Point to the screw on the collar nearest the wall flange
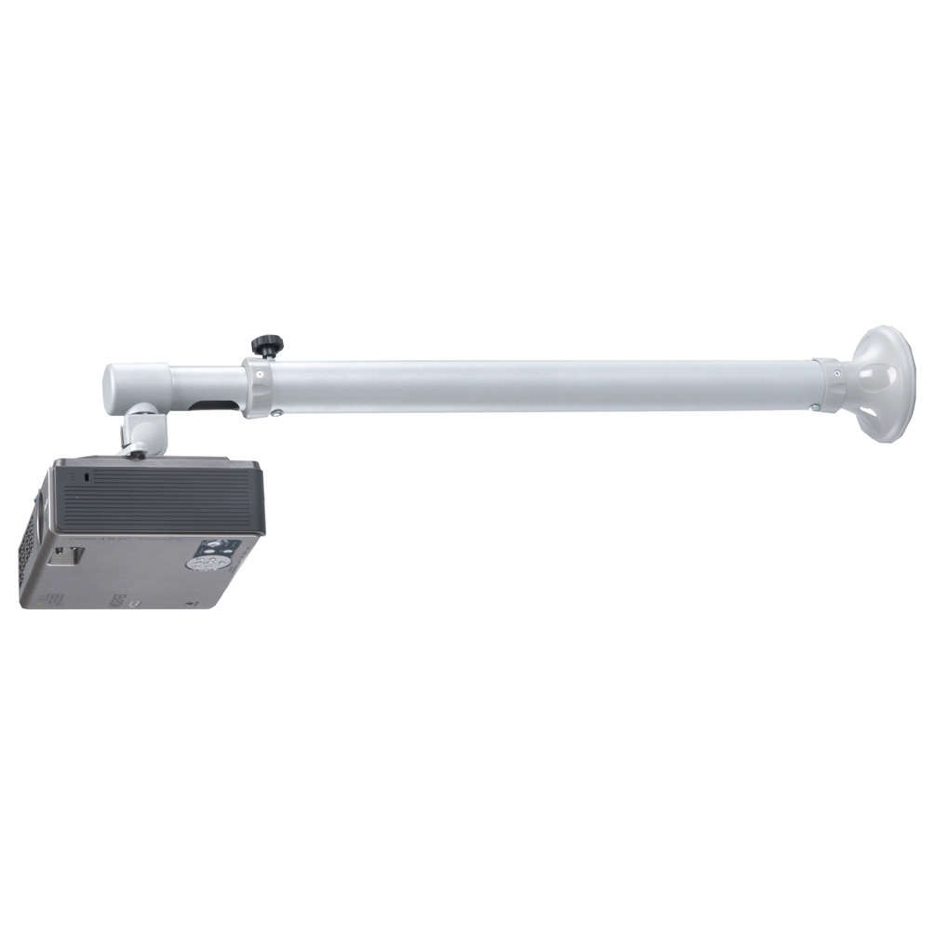[836, 373]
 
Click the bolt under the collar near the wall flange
[814, 407]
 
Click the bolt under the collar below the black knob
[276, 413]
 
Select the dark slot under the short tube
[212, 405]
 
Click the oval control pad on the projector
[213, 562]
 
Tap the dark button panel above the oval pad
[223, 546]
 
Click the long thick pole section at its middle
[540, 386]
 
